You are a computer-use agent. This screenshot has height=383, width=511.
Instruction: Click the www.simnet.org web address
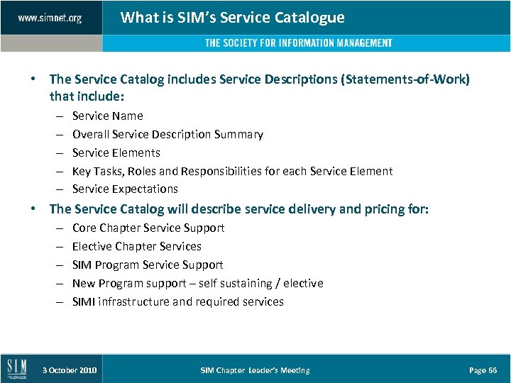coord(50,18)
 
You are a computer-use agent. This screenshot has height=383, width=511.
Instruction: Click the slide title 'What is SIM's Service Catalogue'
coord(233,18)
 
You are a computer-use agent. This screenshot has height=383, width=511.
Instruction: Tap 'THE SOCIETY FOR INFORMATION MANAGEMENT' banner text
coord(299,43)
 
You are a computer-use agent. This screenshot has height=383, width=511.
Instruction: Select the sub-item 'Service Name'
coord(107,116)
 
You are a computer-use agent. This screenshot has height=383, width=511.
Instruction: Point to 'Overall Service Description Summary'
coord(167,134)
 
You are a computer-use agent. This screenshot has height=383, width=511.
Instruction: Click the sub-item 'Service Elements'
coord(116,152)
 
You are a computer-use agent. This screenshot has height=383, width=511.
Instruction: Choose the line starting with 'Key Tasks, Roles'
coord(232,171)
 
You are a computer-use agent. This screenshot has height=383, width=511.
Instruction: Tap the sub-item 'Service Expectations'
coord(125,189)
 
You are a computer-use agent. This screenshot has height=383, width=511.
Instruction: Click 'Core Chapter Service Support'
coord(148,228)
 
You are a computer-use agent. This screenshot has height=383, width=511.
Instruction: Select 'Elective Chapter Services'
coord(137,246)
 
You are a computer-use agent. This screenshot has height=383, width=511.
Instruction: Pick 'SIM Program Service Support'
coord(148,265)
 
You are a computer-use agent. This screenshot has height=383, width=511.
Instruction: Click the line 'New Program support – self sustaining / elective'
coord(197,283)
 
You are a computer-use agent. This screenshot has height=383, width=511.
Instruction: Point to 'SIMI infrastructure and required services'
coord(177,301)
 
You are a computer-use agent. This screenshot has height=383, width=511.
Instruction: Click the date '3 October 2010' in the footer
coord(70,370)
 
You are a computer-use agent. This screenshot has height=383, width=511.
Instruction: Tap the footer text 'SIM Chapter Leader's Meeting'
coord(255,370)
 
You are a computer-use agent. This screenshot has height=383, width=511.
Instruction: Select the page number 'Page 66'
coord(483,370)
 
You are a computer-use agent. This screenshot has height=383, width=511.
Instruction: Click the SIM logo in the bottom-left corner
coord(17,369)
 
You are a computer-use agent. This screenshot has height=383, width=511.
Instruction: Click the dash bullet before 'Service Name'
coord(57,116)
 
